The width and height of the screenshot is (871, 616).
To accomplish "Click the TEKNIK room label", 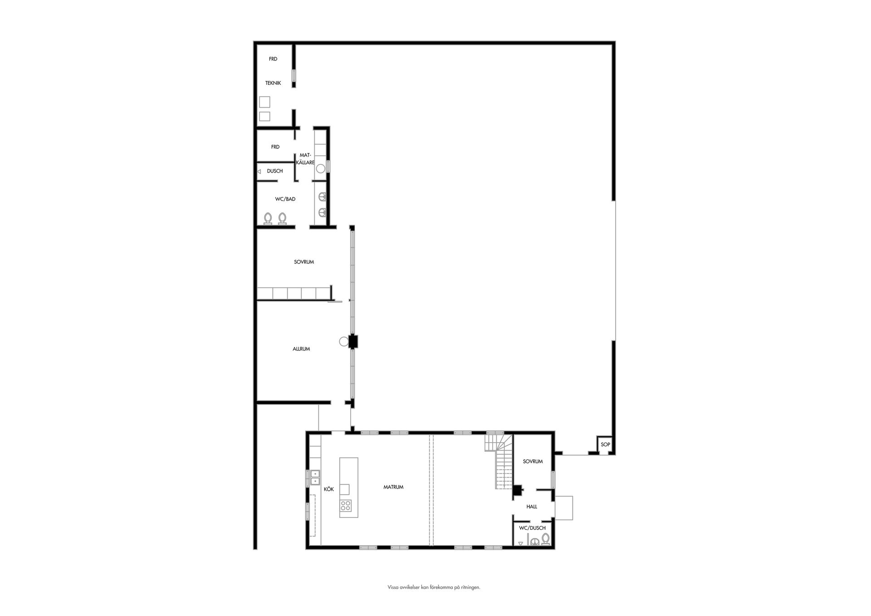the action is point(273,83).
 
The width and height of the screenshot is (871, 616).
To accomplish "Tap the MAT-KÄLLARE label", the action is point(305,159).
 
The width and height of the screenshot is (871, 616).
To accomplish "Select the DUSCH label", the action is point(275,171).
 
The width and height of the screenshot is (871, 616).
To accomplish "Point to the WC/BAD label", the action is point(285,199).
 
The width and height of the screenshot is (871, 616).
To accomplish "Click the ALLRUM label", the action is point(301,349).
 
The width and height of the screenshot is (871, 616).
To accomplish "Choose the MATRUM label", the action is point(393,487).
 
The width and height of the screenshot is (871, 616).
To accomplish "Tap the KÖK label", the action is point(329,489).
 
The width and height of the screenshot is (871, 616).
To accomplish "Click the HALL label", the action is point(532,507).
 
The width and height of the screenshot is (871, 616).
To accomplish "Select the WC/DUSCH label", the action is point(533,528).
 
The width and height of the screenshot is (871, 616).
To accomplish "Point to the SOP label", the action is point(606,445).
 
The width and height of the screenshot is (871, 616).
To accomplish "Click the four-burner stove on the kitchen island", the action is point(346,505).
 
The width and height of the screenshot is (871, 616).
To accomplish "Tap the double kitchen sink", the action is point(315,477).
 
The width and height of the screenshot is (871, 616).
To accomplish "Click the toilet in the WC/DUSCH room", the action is point(545,539).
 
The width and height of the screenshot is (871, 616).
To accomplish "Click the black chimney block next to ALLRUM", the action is point(353,341).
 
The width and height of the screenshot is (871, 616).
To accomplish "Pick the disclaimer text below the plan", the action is point(434,587).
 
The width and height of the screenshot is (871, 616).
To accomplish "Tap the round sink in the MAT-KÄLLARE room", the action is point(321,169).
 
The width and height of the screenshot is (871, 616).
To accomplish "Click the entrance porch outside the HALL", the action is point(564,508).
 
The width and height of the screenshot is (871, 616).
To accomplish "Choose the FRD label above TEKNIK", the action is point(273,59).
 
